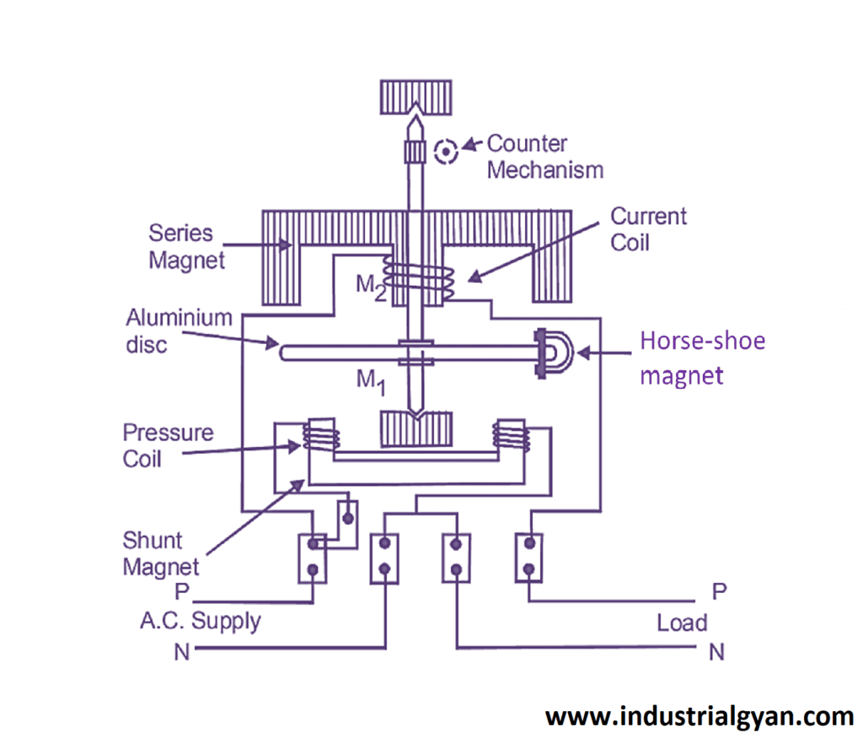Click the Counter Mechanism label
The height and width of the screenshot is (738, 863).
point(544,157)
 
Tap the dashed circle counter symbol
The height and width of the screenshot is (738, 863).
point(445,152)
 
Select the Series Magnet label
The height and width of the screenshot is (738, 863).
point(187,246)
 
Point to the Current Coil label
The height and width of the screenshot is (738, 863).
point(648,229)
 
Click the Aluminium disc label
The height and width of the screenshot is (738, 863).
point(179,331)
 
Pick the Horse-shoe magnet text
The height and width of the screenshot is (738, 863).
point(702,358)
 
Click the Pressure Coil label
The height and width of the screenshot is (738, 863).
point(168,446)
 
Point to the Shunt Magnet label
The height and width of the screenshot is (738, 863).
point(161,553)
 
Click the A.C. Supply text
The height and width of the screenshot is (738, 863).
point(200,622)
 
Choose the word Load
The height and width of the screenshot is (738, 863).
point(682,623)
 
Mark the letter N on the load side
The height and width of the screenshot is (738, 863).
point(716,651)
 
